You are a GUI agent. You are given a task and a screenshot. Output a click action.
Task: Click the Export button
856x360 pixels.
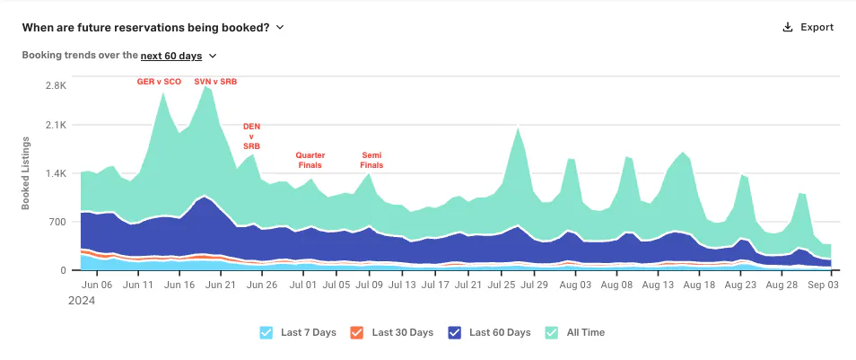[x=808, y=27]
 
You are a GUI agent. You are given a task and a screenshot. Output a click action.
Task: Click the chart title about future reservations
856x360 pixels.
[x=145, y=27]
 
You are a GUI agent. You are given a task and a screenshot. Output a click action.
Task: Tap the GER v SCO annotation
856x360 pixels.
[x=159, y=82]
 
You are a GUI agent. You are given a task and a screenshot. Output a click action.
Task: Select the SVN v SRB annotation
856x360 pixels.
[x=215, y=82]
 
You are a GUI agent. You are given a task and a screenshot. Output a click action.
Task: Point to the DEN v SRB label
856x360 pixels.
[x=251, y=136]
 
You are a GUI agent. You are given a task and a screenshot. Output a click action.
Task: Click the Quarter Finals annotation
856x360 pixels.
[x=310, y=160]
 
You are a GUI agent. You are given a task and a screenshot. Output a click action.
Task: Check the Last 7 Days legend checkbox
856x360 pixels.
[x=266, y=332]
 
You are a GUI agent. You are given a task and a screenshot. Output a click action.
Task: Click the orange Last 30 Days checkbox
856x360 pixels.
[x=356, y=332]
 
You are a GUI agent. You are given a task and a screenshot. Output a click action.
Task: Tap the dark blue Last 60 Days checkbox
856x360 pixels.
[x=454, y=332]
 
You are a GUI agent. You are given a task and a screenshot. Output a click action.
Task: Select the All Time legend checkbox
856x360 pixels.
[x=552, y=332]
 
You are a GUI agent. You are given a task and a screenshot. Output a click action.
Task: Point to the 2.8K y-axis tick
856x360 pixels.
[x=56, y=86]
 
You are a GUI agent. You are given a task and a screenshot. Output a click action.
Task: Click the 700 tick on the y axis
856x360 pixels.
[x=58, y=222]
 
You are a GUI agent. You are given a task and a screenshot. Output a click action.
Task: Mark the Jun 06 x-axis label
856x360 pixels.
[x=100, y=285]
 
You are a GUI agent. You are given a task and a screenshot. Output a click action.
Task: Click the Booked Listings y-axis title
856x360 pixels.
[x=26, y=173]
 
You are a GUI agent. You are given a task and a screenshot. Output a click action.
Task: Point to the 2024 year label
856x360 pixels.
[x=82, y=301]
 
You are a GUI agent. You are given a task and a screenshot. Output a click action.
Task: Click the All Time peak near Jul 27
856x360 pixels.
[x=518, y=127]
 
